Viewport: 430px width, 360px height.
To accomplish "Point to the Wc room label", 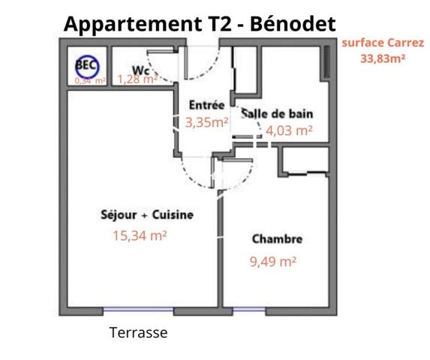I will (x=140, y=70).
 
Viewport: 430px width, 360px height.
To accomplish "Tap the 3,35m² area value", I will (x=206, y=123).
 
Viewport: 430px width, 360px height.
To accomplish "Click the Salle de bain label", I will (x=277, y=113).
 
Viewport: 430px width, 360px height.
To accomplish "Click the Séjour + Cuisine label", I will (x=147, y=214).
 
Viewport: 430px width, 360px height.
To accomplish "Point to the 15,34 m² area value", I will (x=140, y=235).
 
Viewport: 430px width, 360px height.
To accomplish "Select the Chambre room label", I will (x=277, y=239).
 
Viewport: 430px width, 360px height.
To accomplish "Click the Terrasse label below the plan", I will (x=138, y=332).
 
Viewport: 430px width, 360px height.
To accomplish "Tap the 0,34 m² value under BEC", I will (x=89, y=80).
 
